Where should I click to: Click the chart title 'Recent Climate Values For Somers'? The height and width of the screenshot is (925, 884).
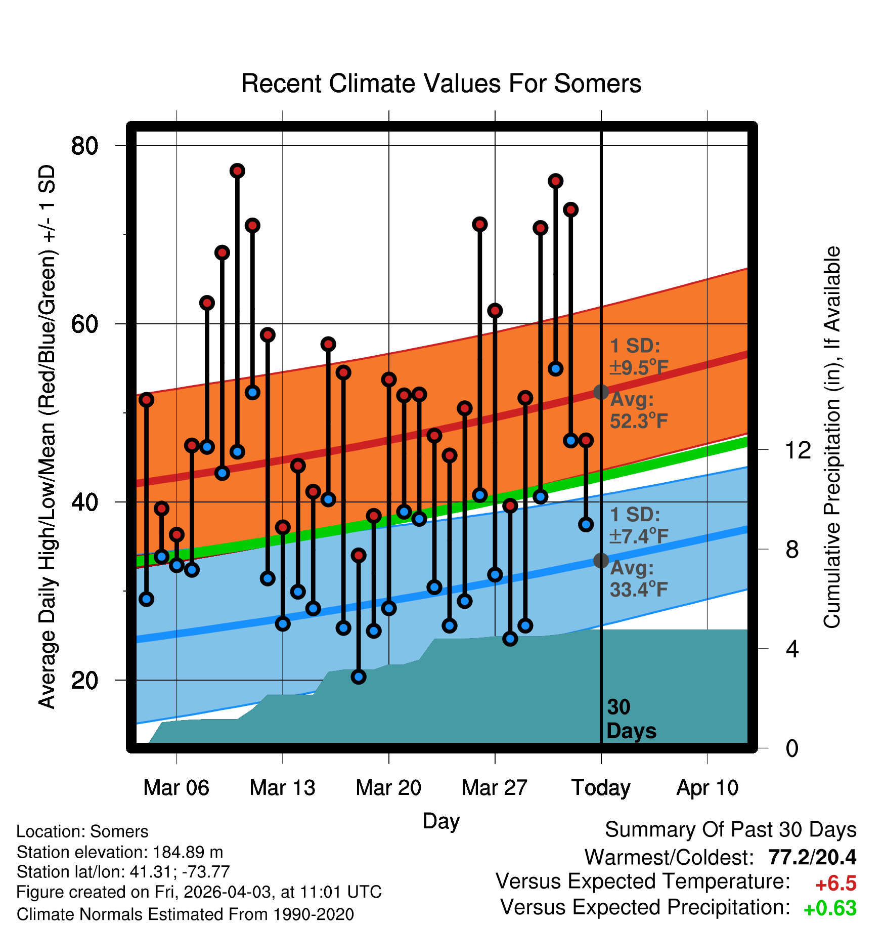pos(441,83)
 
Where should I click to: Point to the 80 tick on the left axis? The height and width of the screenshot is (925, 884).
pos(84,146)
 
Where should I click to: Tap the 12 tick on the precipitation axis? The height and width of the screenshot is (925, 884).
pos(798,449)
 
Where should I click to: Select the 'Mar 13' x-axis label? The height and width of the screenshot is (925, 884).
pos(282,787)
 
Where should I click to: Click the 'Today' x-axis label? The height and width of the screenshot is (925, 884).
pos(601,788)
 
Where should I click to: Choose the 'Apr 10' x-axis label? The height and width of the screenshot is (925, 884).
pos(707,788)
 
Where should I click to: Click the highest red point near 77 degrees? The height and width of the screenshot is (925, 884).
pos(237,171)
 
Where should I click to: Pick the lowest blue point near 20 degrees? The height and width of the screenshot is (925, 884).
pos(359,677)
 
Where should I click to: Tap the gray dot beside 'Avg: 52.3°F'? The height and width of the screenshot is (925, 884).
pos(601,392)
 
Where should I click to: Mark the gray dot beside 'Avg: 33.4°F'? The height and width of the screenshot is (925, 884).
pos(601,560)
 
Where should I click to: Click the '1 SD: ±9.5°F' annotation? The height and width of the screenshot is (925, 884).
pos(639,357)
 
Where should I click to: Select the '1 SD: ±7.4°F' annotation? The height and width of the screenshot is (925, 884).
pos(639,525)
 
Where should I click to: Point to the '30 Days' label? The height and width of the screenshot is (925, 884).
pos(631,719)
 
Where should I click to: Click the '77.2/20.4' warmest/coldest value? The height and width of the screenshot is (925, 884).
pos(812,857)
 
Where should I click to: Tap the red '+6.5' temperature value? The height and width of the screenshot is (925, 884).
pos(836,884)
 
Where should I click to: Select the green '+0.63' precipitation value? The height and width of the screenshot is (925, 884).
pos(830,908)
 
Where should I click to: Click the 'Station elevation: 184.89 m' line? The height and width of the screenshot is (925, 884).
pos(120,852)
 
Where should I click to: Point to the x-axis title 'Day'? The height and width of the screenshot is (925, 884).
pos(441,821)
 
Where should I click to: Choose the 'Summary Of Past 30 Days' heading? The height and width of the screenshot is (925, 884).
pos(731,830)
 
